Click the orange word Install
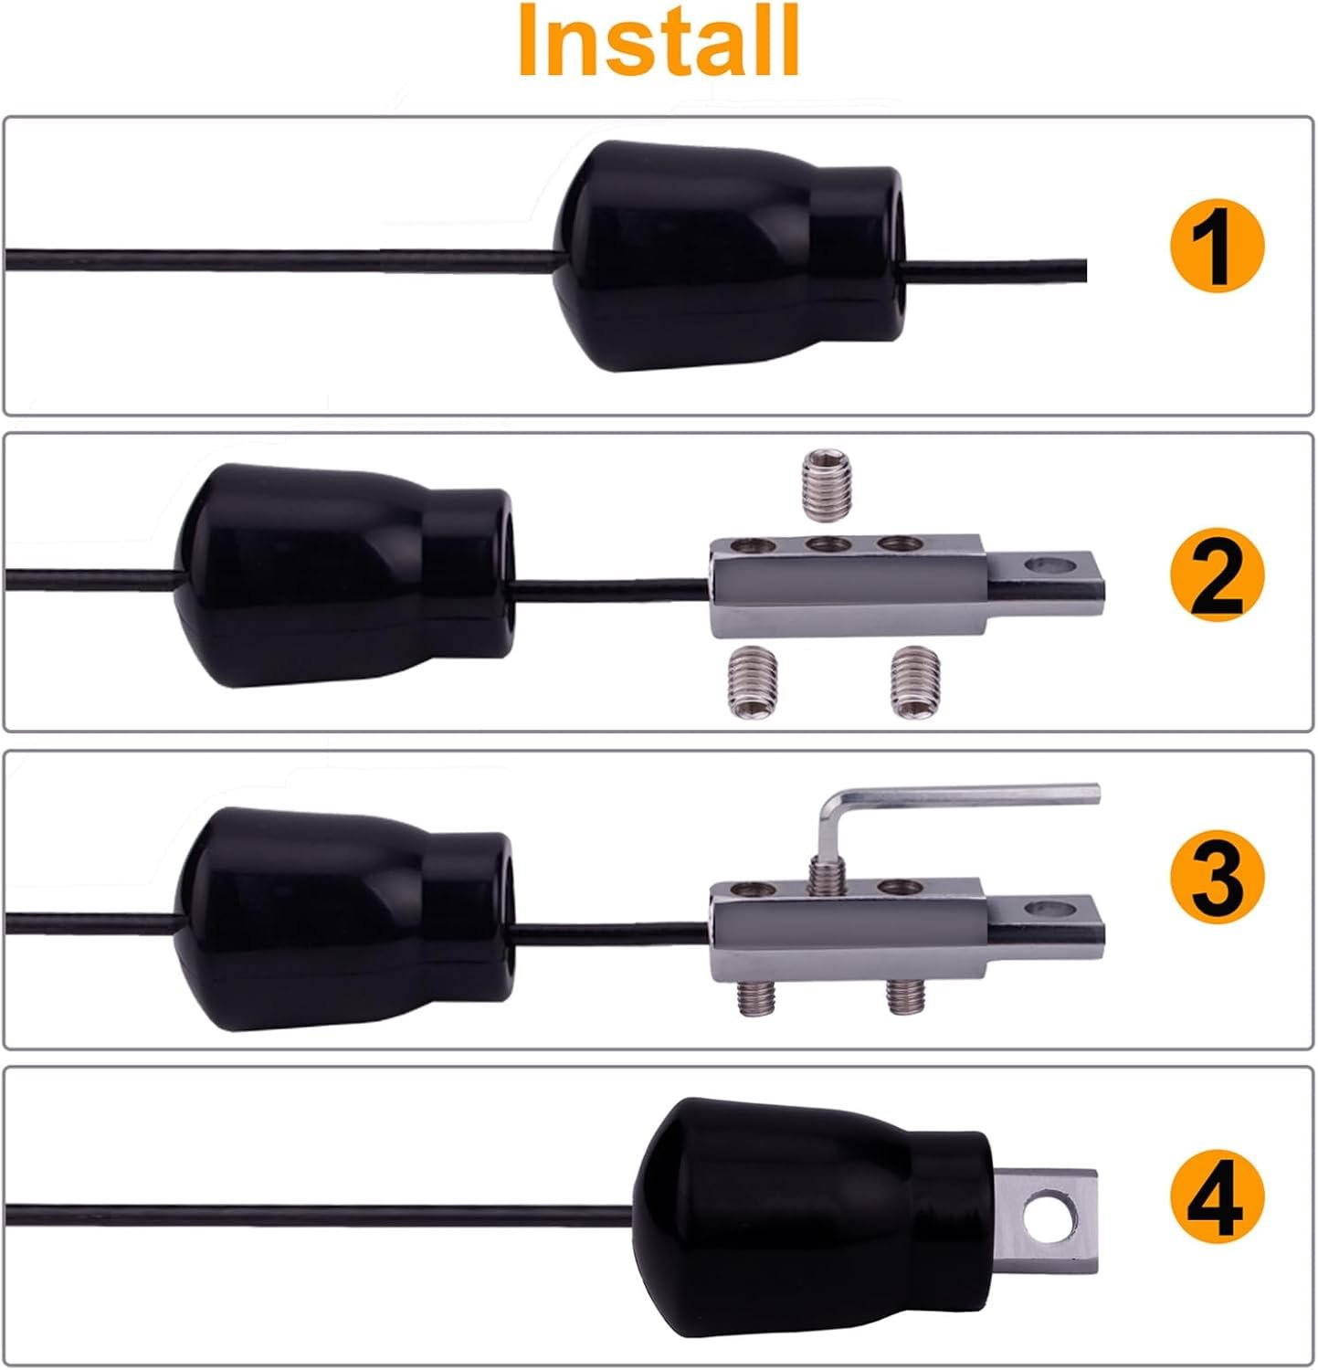click(x=659, y=41)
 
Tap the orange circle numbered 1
click(x=1217, y=247)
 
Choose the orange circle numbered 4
click(x=1217, y=1196)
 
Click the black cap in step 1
click(x=727, y=256)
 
